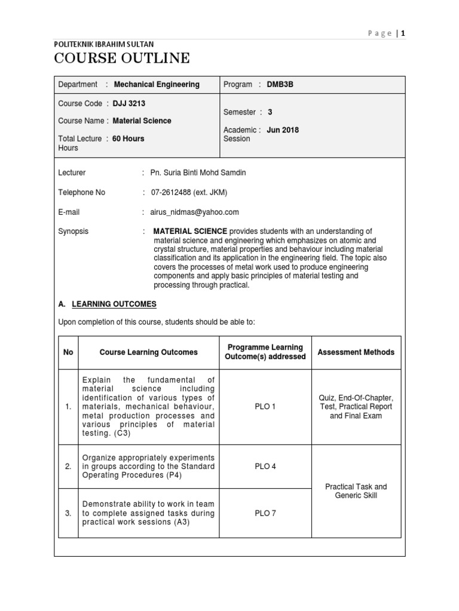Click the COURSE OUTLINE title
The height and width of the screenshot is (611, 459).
point(122,58)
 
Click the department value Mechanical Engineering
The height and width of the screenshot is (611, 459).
point(157,85)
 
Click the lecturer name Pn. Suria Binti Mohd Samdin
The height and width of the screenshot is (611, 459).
point(198,172)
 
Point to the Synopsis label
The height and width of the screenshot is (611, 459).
point(73,232)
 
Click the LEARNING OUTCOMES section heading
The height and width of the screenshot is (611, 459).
point(114,304)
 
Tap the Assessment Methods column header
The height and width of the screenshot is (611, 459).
point(356,352)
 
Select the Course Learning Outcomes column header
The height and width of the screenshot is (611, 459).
point(148,352)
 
